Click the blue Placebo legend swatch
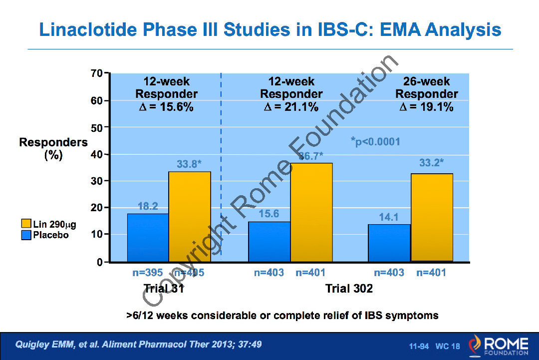coord(26,235)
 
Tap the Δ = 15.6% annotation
coord(166,106)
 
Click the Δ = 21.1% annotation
coord(291,106)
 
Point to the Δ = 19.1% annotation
coord(426,106)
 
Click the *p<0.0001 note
coord(376,142)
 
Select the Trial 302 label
coord(349,289)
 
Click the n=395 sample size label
coord(147,273)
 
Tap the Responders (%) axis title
coord(53,148)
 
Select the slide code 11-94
coord(419,346)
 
